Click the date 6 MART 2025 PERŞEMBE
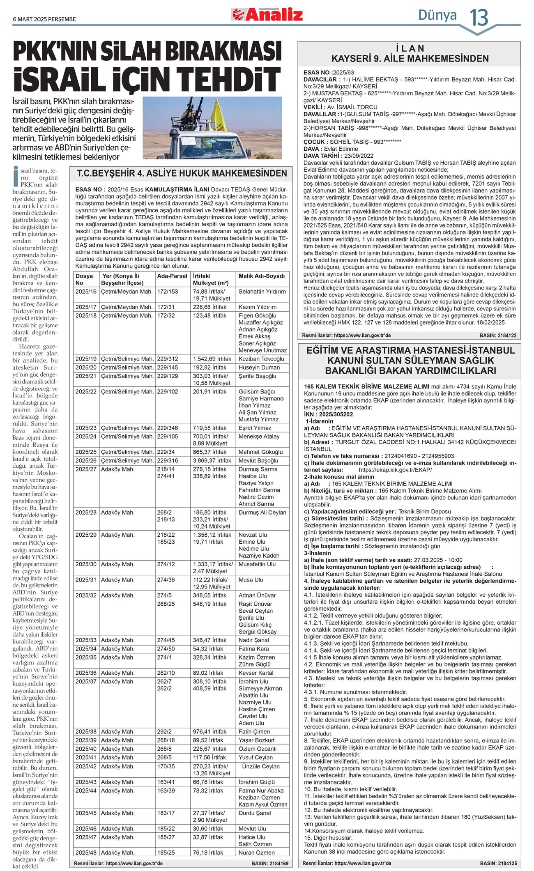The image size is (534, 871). [44, 19]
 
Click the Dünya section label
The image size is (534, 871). [437, 15]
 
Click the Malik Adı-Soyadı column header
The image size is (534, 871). [261, 276]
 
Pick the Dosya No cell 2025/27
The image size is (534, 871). [86, 469]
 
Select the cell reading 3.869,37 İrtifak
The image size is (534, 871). [212, 460]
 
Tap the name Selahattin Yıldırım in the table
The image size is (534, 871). [262, 292]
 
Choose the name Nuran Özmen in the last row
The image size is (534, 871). [256, 853]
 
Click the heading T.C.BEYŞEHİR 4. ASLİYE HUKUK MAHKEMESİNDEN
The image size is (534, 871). [182, 173]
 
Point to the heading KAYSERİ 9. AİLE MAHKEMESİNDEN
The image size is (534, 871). [410, 59]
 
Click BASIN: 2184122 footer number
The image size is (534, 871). [498, 336]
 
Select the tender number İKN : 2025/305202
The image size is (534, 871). [329, 414]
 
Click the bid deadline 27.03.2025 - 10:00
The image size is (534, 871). [438, 560]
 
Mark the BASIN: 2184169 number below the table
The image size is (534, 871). [270, 864]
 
